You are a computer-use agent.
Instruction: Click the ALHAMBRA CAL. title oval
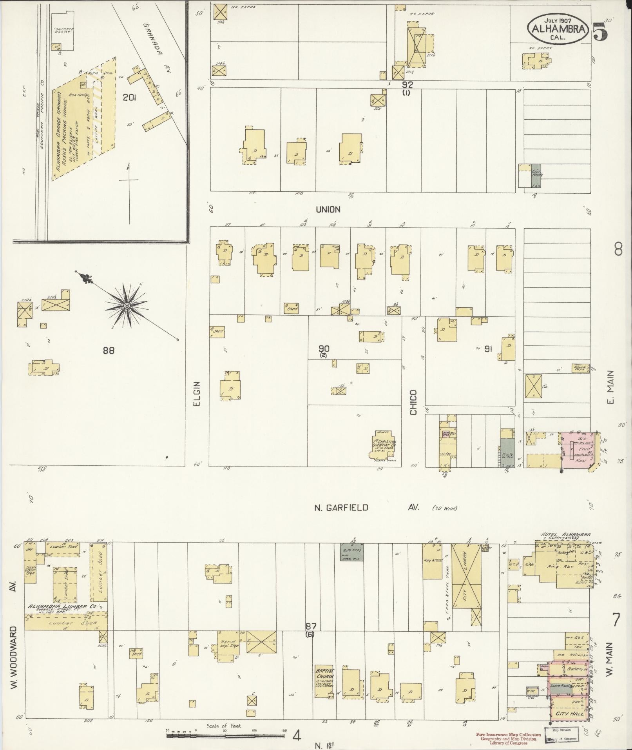pyautogui.click(x=559, y=29)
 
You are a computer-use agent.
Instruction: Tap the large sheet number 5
pyautogui.click(x=600, y=31)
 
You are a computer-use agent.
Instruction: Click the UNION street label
pyautogui.click(x=328, y=210)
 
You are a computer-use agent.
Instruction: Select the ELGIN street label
pyautogui.click(x=197, y=394)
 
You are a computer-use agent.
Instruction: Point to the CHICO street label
pyautogui.click(x=414, y=402)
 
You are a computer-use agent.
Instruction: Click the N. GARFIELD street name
pyautogui.click(x=342, y=508)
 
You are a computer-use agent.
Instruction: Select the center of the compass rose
pyautogui.click(x=127, y=305)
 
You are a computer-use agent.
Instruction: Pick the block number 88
pyautogui.click(x=109, y=350)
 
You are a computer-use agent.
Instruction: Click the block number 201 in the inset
pyautogui.click(x=129, y=98)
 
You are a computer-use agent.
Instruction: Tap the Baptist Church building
pyautogui.click(x=325, y=680)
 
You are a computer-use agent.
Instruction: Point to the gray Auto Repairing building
pyautogui.click(x=351, y=552)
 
